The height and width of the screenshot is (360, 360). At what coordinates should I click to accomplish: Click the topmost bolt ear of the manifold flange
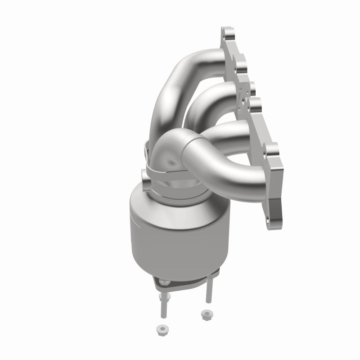(228, 34)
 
